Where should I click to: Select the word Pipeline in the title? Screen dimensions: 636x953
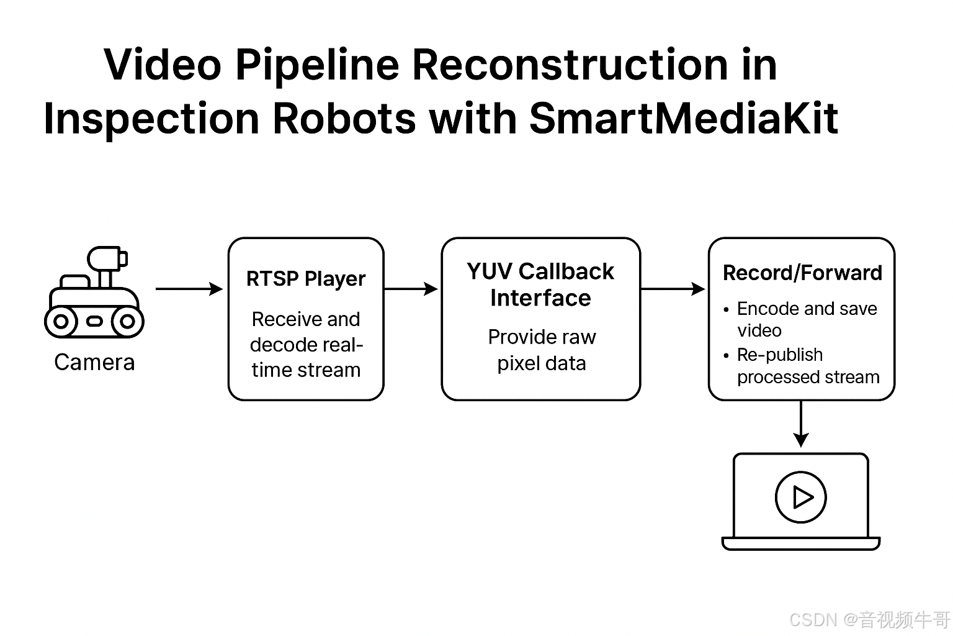pyautogui.click(x=316, y=65)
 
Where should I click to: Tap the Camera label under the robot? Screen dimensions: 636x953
pyautogui.click(x=94, y=362)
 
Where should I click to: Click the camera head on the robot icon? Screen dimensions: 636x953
pyautogui.click(x=105, y=257)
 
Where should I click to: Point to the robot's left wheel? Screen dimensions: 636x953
pyautogui.click(x=61, y=322)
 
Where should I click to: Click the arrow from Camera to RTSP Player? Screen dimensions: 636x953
pyautogui.click(x=189, y=289)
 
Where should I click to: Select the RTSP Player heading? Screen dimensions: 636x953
pyautogui.click(x=306, y=279)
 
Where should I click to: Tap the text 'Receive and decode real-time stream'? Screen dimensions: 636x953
pyautogui.click(x=306, y=345)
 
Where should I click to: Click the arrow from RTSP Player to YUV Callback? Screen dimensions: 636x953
pyautogui.click(x=411, y=289)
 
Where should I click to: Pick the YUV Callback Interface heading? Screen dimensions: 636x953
pyautogui.click(x=540, y=284)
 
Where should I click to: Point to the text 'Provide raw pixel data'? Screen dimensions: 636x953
pyautogui.click(x=542, y=350)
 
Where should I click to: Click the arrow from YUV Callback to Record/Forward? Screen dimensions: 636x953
pyautogui.click(x=673, y=289)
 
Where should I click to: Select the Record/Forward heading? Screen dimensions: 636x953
pyautogui.click(x=802, y=273)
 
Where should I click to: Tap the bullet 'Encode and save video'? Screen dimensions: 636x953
pyautogui.click(x=806, y=319)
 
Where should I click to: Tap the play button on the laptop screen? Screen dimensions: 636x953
pyautogui.click(x=801, y=497)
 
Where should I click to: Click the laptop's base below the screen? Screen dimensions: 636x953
pyautogui.click(x=801, y=543)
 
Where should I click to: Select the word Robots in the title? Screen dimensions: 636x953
pyautogui.click(x=344, y=118)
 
